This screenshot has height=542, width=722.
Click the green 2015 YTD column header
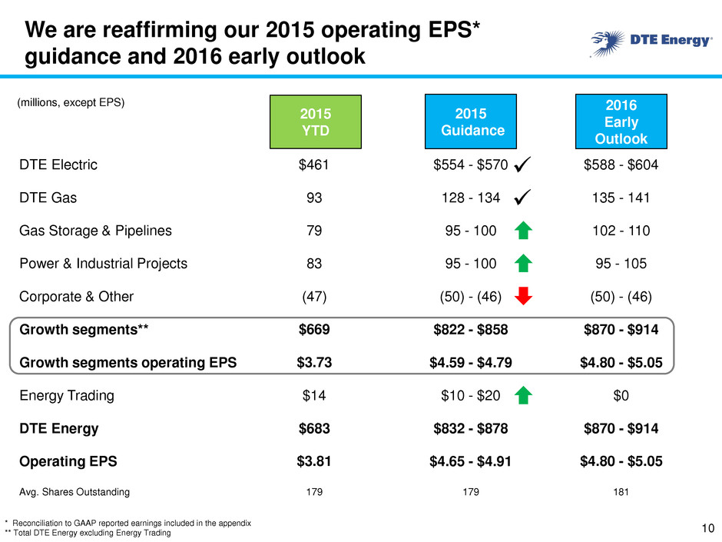[x=316, y=121]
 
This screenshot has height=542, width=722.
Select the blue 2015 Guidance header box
[x=471, y=121]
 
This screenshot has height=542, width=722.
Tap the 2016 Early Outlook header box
[x=621, y=121]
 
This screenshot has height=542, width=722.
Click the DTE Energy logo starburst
[x=608, y=43]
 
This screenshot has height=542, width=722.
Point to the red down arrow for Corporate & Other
[x=523, y=296]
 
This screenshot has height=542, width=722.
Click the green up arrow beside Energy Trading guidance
[x=523, y=395]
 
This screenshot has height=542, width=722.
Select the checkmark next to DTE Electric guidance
[x=522, y=164]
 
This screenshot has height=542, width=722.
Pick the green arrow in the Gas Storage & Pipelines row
[x=523, y=231]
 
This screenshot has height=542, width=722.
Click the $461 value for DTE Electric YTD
[x=313, y=165]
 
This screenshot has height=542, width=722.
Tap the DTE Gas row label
[x=48, y=198]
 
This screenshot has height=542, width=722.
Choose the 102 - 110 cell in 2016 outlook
[x=621, y=231]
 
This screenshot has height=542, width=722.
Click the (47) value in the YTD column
[x=314, y=296]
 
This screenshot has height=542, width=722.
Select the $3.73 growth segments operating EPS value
[x=314, y=362]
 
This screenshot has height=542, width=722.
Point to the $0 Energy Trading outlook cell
[x=621, y=395]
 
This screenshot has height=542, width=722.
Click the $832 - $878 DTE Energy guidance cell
[x=471, y=429]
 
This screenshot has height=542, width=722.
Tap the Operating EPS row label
[x=68, y=461]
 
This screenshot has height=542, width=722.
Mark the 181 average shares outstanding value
[x=621, y=492]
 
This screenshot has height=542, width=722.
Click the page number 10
[x=707, y=528]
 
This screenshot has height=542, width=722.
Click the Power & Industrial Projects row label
[x=103, y=264]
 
